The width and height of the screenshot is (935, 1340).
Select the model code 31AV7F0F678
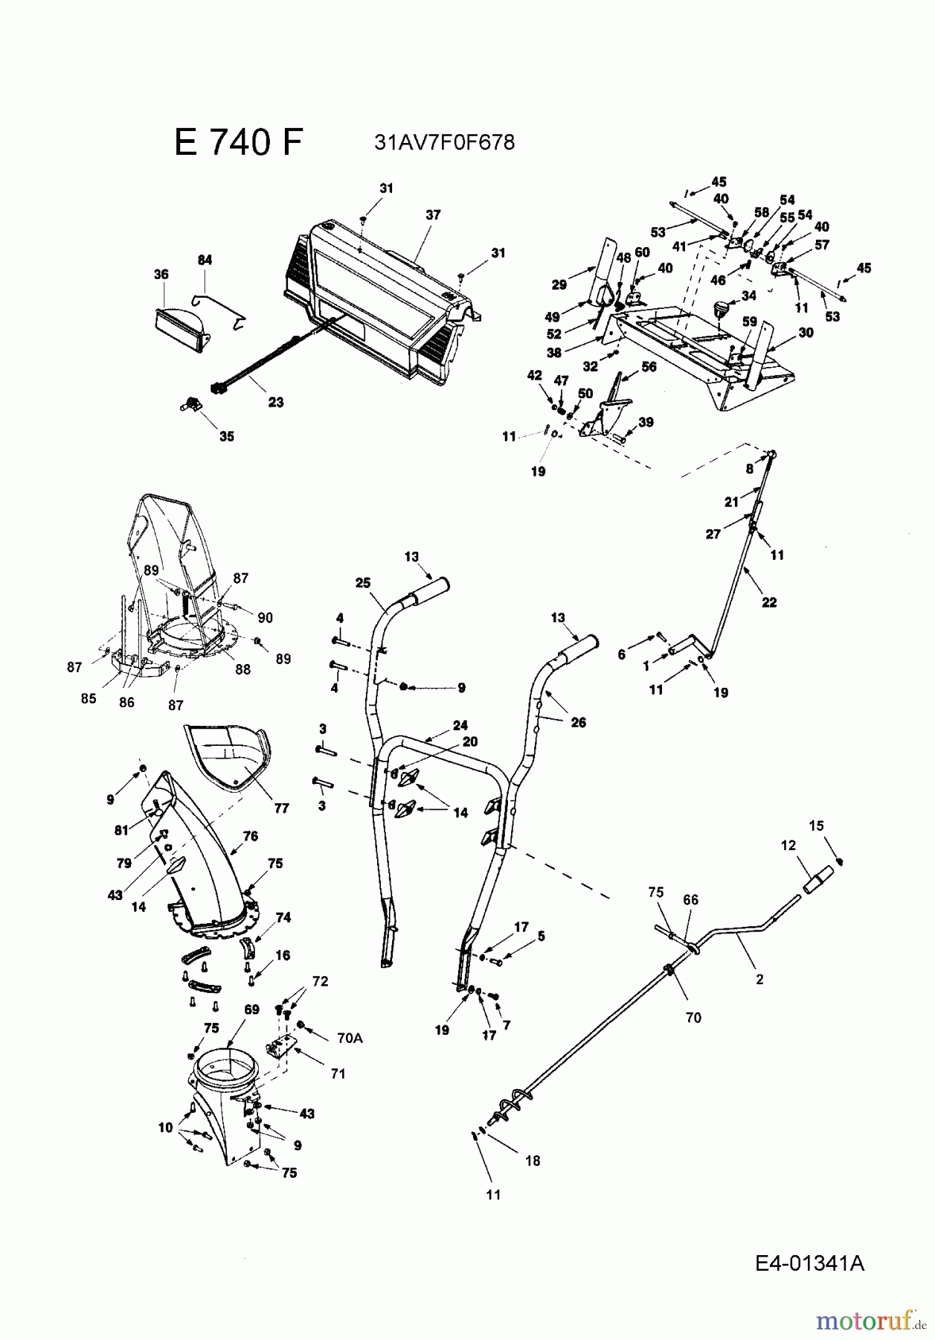tap(444, 142)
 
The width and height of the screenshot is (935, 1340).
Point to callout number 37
tap(433, 215)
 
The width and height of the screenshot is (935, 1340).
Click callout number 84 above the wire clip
tap(205, 260)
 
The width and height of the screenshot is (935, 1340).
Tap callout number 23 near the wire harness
tap(276, 402)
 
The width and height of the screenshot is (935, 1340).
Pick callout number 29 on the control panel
tap(559, 284)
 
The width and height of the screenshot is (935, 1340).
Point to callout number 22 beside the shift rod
tap(769, 602)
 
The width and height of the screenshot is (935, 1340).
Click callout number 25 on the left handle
tap(362, 583)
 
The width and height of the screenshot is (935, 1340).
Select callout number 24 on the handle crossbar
tap(460, 725)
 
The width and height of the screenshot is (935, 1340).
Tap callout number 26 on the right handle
tap(578, 722)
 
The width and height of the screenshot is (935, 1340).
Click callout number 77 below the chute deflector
tap(280, 808)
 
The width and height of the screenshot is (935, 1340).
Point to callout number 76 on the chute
tap(250, 836)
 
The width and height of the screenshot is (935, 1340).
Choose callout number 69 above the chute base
tap(251, 1010)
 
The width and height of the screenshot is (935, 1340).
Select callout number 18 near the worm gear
tap(533, 1161)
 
